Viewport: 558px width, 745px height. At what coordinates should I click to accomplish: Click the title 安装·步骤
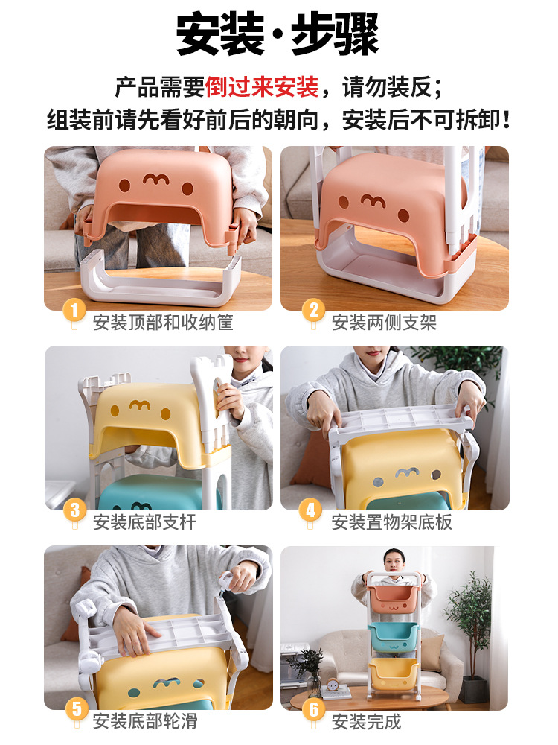pos(278,34)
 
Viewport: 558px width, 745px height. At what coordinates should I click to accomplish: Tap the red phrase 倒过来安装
pos(261,87)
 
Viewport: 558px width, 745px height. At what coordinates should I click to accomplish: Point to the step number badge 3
pos(74,510)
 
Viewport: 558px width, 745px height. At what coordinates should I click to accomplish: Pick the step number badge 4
pos(310,510)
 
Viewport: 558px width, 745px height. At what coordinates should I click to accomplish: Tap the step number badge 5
pos(77,709)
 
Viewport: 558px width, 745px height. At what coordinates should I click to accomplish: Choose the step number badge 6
pos(313,710)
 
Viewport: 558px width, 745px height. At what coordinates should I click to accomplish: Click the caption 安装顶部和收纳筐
pos(163,323)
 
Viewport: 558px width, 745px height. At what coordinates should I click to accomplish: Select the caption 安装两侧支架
pos(384,323)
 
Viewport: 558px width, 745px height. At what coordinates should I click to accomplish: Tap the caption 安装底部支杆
pos(145,522)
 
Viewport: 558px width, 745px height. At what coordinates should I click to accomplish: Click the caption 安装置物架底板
pos(391,522)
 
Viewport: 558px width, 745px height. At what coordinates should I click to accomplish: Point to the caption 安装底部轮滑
pos(145,721)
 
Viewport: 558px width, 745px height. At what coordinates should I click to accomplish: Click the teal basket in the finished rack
pos(394,637)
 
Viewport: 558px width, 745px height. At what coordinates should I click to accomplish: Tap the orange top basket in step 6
pos(394,600)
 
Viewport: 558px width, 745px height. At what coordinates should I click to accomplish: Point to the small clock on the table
pos(333,685)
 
